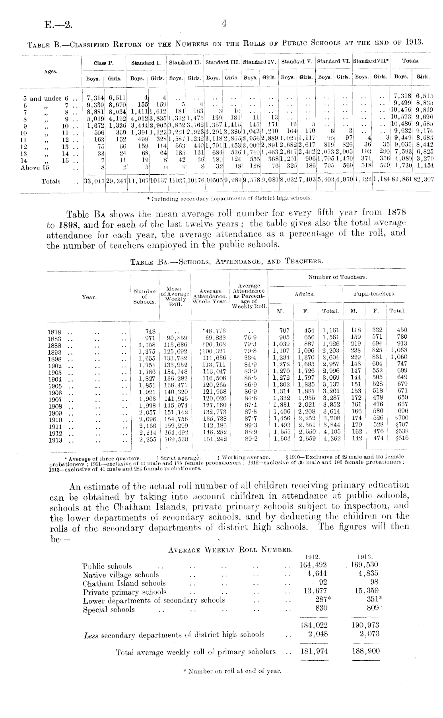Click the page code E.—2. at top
[x=59, y=26]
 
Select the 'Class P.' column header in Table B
[x=103, y=63]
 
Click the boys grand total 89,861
[x=403, y=181]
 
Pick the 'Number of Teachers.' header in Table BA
[x=338, y=277]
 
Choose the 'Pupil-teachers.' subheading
[x=374, y=294]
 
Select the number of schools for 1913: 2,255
[x=147, y=439]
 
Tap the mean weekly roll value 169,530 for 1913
[x=174, y=439]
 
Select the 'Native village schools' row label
[x=120, y=575]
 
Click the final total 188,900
[x=366, y=652]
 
